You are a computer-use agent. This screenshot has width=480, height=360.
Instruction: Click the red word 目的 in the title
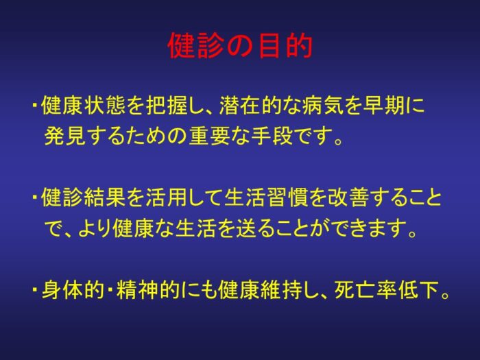(x=285, y=46)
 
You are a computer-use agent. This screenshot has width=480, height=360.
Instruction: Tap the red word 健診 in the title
(x=195, y=46)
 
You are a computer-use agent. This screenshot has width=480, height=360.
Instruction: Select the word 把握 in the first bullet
(x=167, y=106)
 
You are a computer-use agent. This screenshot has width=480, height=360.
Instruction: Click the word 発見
(x=65, y=136)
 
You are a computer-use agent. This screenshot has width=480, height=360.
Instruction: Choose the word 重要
(x=209, y=136)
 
